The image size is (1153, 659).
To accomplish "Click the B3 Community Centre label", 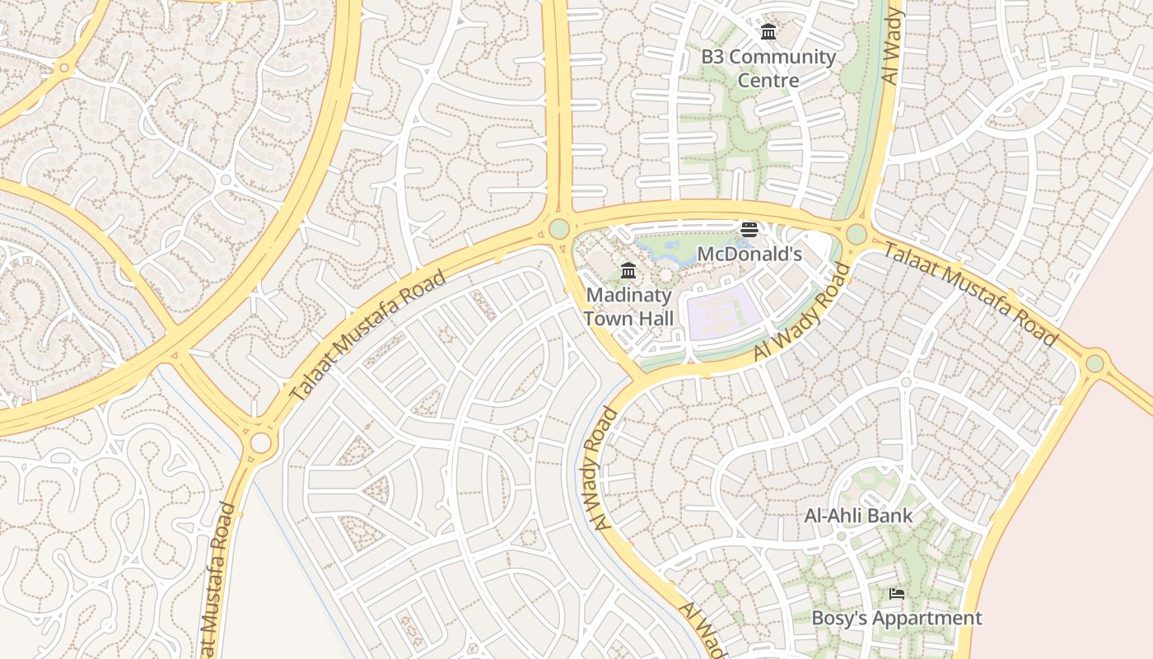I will [768, 68].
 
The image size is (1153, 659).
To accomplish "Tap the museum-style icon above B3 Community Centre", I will [768, 32].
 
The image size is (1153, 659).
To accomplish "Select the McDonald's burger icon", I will [749, 229].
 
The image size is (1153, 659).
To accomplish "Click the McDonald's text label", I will [749, 254].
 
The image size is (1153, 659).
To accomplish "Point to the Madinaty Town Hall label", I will [629, 306].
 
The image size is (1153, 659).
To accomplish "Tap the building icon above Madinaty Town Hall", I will [628, 270].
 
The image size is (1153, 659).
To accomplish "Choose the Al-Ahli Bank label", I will [858, 516].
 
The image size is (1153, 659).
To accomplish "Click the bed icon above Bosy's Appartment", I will [897, 593].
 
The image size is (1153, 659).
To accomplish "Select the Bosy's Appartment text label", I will [897, 618].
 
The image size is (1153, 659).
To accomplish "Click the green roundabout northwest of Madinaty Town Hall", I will [559, 228].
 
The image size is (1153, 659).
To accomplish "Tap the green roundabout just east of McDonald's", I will [857, 234].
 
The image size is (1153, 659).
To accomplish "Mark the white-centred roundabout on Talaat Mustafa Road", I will [260, 442].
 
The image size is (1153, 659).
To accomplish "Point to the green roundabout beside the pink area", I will [1095, 363].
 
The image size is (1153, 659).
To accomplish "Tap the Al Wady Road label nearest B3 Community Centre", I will [891, 47].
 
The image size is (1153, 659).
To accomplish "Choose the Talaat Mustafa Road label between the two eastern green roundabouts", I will [969, 294].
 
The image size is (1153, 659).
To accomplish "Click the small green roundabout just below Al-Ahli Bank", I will [841, 536].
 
